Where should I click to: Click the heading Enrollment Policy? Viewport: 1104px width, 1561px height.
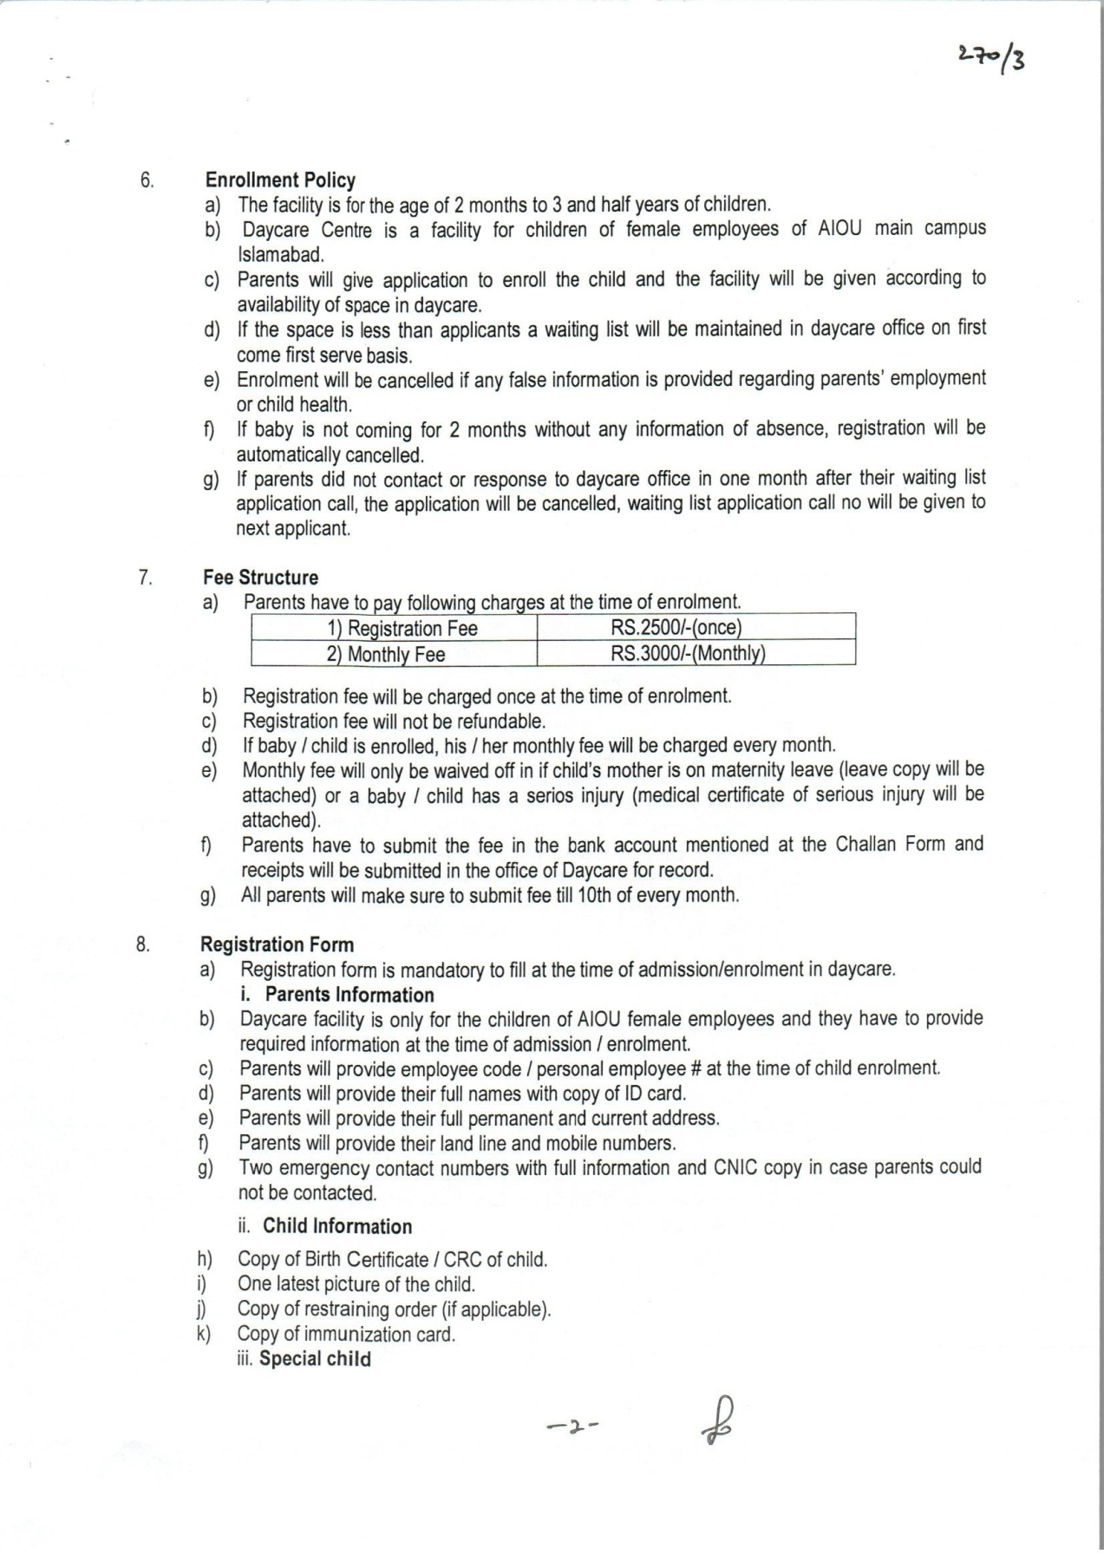(280, 180)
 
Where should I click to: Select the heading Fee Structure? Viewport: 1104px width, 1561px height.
(260, 578)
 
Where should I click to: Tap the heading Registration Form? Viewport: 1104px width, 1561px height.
(277, 944)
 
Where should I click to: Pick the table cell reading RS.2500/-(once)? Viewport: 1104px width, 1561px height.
(676, 628)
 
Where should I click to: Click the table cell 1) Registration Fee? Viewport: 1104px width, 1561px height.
(402, 629)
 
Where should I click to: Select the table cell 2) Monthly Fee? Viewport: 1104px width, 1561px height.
(386, 654)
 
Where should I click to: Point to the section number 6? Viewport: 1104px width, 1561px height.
(147, 180)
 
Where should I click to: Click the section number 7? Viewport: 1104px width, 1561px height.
(145, 578)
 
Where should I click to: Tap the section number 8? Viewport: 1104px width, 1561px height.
(143, 944)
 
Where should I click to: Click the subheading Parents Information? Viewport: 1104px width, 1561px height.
(349, 995)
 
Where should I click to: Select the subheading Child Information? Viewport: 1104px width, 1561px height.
(337, 1226)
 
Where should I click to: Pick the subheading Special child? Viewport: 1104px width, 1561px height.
(315, 1359)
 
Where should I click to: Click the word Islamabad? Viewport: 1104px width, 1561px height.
(280, 255)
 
